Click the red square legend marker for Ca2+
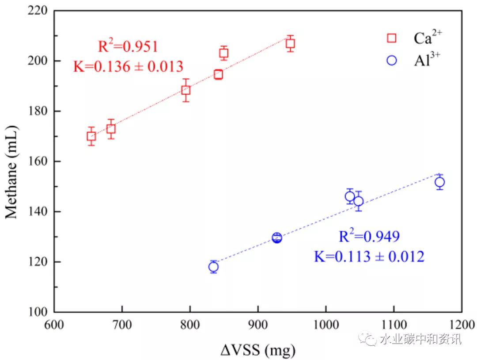coord(391,38)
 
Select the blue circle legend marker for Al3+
coord(391,61)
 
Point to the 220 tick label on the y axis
coord(38,10)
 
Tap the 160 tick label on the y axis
coord(38,161)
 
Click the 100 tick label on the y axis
coord(38,312)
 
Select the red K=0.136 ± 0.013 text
coord(128,66)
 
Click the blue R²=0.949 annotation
coord(369,237)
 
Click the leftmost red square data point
coord(91,136)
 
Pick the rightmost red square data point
coord(290,43)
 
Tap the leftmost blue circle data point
coord(214,267)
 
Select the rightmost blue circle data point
coord(439,182)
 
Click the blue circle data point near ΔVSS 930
coord(277,238)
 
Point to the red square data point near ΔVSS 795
coord(186,90)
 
